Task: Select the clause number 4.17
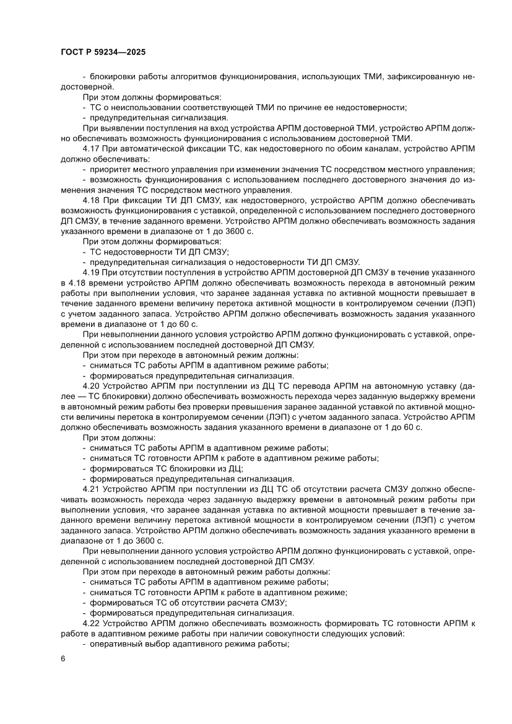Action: point(92,150)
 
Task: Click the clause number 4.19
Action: point(92,273)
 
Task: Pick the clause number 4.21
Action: point(92,489)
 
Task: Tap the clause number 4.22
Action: point(92,622)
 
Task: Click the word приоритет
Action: point(111,170)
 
